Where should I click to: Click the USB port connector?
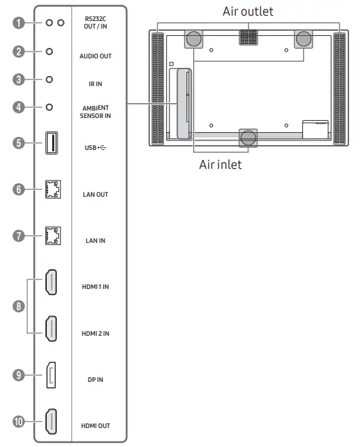51,143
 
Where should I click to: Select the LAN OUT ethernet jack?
51,191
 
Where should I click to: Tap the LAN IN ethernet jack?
51,236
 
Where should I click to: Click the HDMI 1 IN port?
51,283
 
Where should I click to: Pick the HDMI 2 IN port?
51,330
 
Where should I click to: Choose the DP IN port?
51,376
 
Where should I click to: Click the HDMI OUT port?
51,422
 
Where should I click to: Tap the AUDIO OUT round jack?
49,52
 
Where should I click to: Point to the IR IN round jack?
49,79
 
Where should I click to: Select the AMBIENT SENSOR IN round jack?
49,106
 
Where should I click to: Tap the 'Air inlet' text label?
220,164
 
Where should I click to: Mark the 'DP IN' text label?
96,380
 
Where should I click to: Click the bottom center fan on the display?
248,138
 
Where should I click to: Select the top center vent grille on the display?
249,38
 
